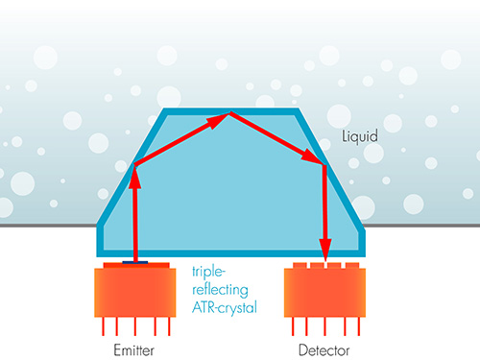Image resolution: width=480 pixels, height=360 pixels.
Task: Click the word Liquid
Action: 360,136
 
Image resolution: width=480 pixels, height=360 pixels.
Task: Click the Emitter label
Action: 134,350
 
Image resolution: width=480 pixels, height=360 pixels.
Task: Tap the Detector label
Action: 324,350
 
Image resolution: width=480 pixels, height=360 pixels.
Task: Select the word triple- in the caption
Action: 208,272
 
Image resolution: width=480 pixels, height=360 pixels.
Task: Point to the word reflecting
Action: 220,290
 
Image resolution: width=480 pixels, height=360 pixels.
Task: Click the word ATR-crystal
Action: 225,307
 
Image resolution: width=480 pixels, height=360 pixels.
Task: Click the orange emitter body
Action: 135,293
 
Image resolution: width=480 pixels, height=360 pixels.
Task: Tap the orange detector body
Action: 324,293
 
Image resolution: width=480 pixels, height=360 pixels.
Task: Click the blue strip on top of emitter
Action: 135,263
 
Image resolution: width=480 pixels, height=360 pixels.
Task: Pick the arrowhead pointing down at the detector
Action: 325,250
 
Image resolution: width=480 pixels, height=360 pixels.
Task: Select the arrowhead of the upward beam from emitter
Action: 134,178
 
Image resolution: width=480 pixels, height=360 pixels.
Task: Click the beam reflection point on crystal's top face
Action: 229,113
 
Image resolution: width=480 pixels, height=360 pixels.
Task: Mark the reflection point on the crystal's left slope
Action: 134,165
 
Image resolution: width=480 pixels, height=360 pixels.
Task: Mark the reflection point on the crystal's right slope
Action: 324,165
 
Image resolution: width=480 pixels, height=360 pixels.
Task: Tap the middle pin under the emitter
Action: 135,326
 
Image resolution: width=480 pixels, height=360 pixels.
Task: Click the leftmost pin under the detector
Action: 293,326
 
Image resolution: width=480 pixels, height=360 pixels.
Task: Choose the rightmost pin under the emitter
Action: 169,326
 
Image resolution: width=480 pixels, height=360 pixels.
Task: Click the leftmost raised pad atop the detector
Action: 300,266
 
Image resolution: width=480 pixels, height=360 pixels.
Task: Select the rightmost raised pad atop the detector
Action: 352,266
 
